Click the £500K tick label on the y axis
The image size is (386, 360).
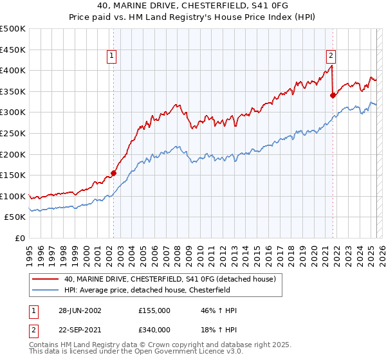pos(13,29)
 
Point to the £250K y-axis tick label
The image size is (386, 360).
pos(13,133)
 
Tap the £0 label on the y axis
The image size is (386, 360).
pos(20,238)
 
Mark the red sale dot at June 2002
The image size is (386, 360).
pos(113,173)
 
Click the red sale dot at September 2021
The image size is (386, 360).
pos(333,96)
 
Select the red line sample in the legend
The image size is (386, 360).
pos(46,279)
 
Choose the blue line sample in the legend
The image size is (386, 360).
pos(46,289)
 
